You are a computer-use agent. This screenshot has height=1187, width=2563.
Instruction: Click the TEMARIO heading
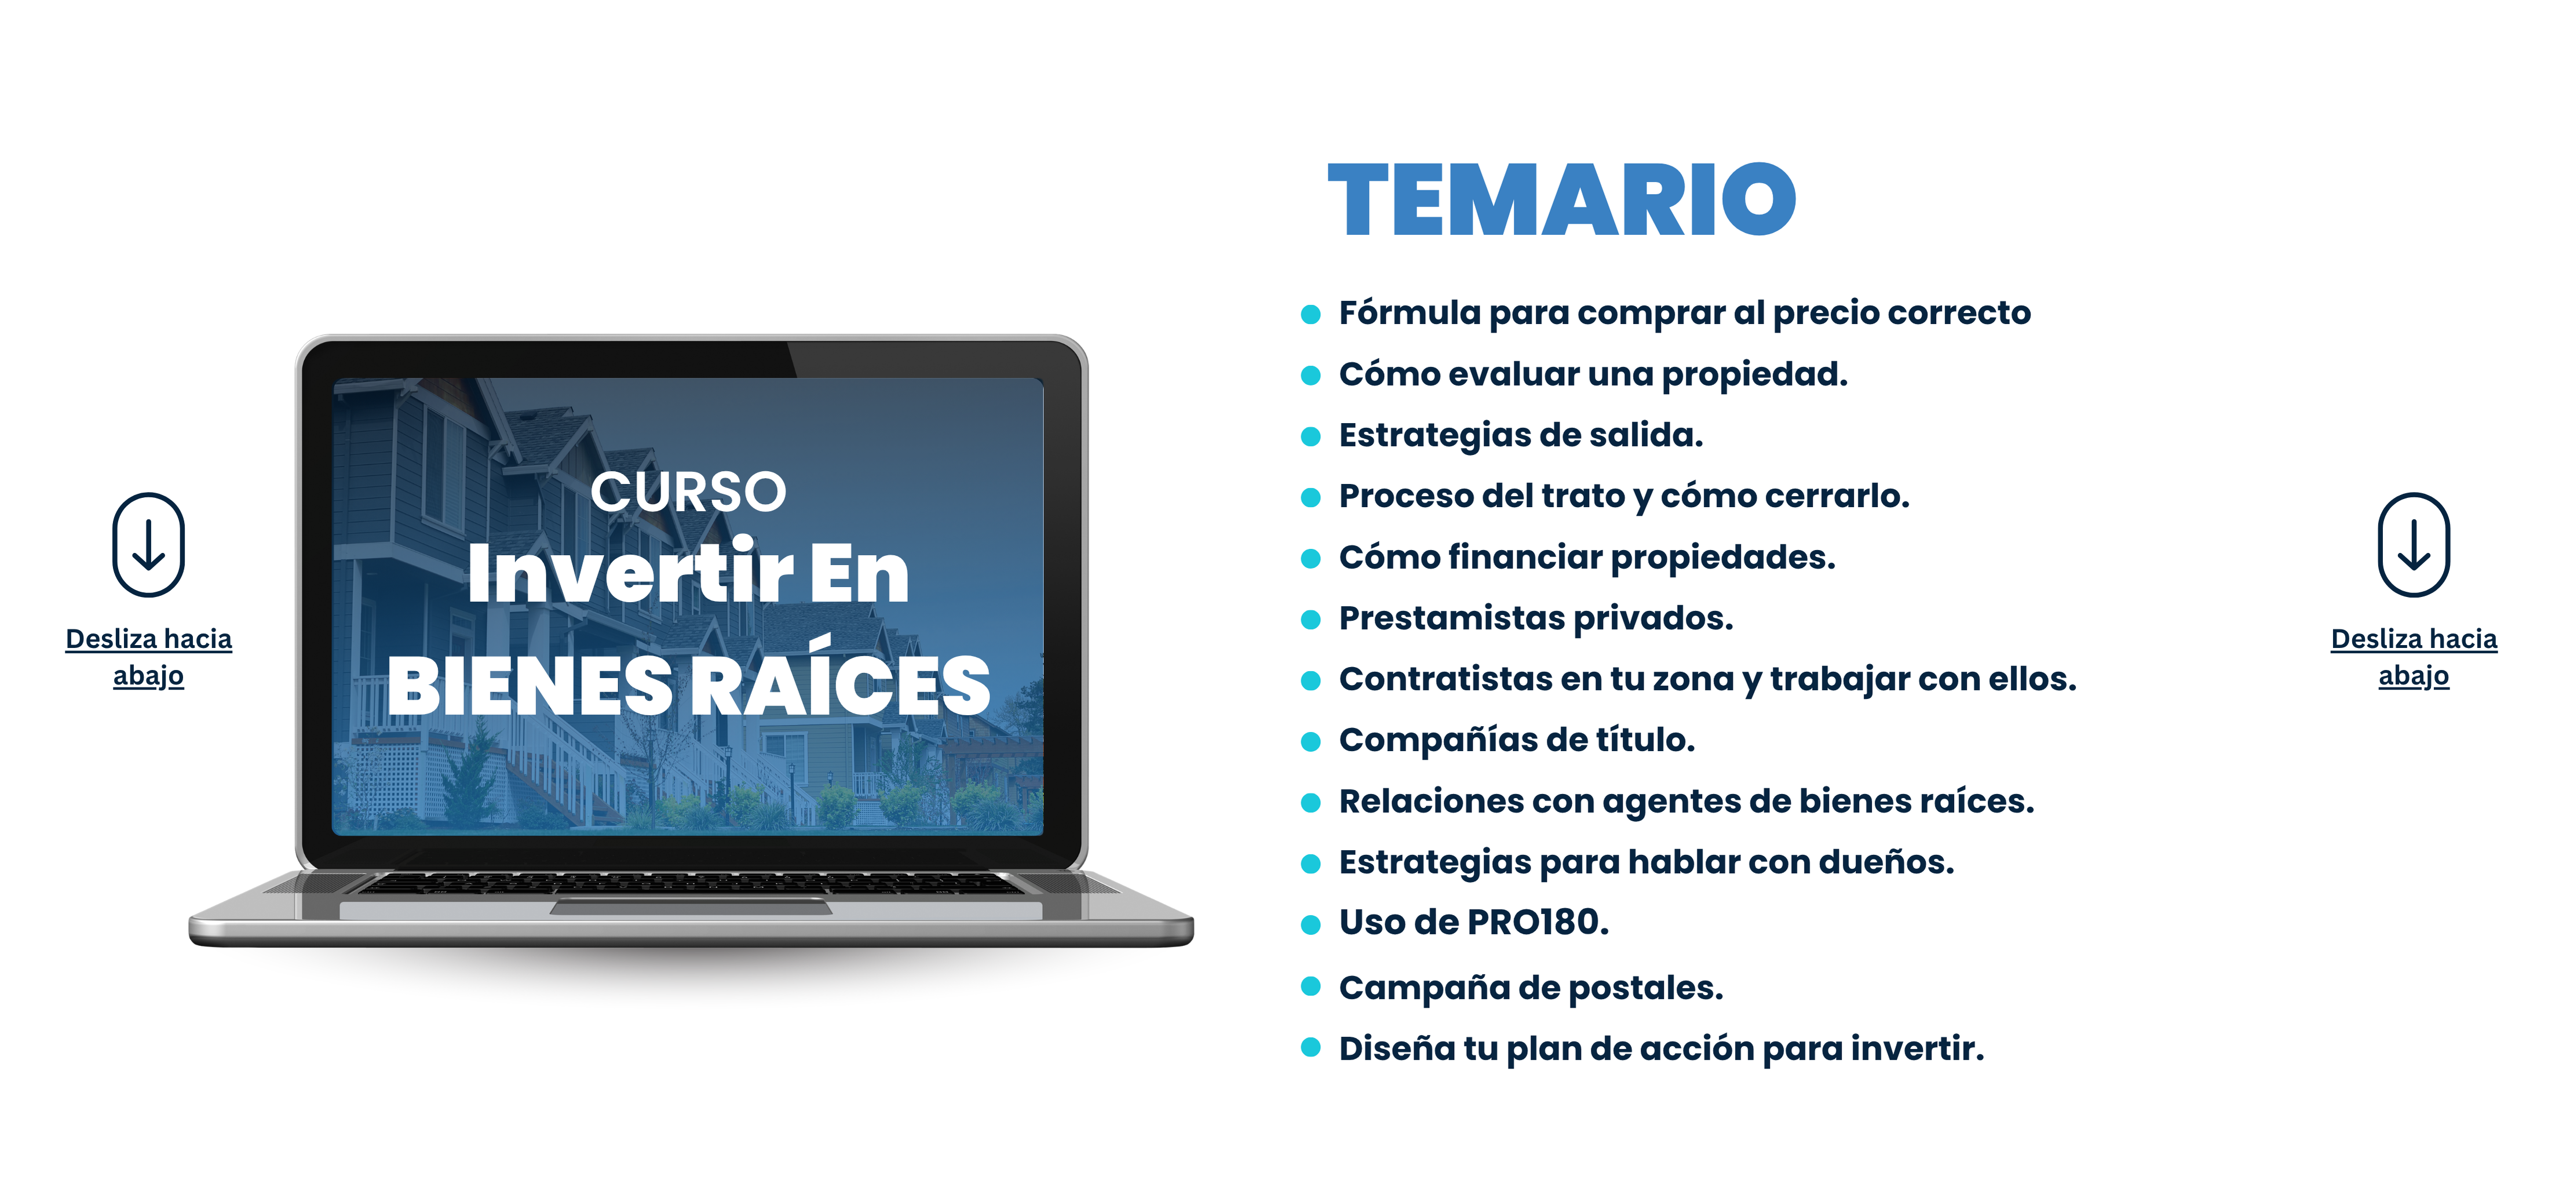[1561, 200]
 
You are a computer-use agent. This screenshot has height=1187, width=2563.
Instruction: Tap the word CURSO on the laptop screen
[688, 491]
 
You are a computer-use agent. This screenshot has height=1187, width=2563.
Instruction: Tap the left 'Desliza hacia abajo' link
[148, 657]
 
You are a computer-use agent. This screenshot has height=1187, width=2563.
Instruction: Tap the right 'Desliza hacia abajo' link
[2414, 657]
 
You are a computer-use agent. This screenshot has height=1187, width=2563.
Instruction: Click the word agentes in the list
[1671, 802]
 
